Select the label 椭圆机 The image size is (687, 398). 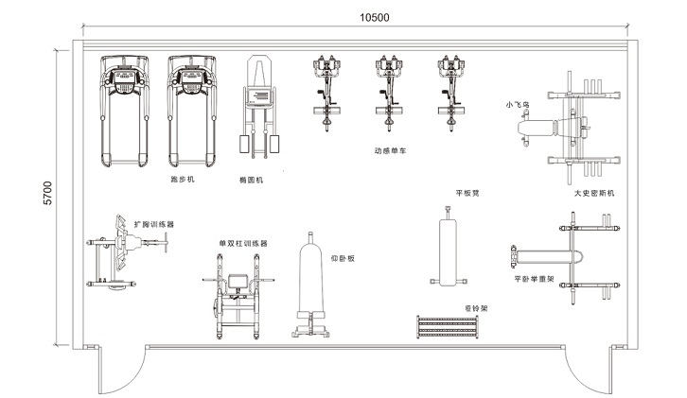click(x=252, y=180)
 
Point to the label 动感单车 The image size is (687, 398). click(x=390, y=149)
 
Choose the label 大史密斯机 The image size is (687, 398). click(x=594, y=193)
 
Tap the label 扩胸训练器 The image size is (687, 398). click(x=153, y=225)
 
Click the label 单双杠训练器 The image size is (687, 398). click(x=243, y=243)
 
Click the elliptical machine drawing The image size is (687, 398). click(x=258, y=104)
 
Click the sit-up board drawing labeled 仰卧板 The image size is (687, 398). click(x=310, y=284)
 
